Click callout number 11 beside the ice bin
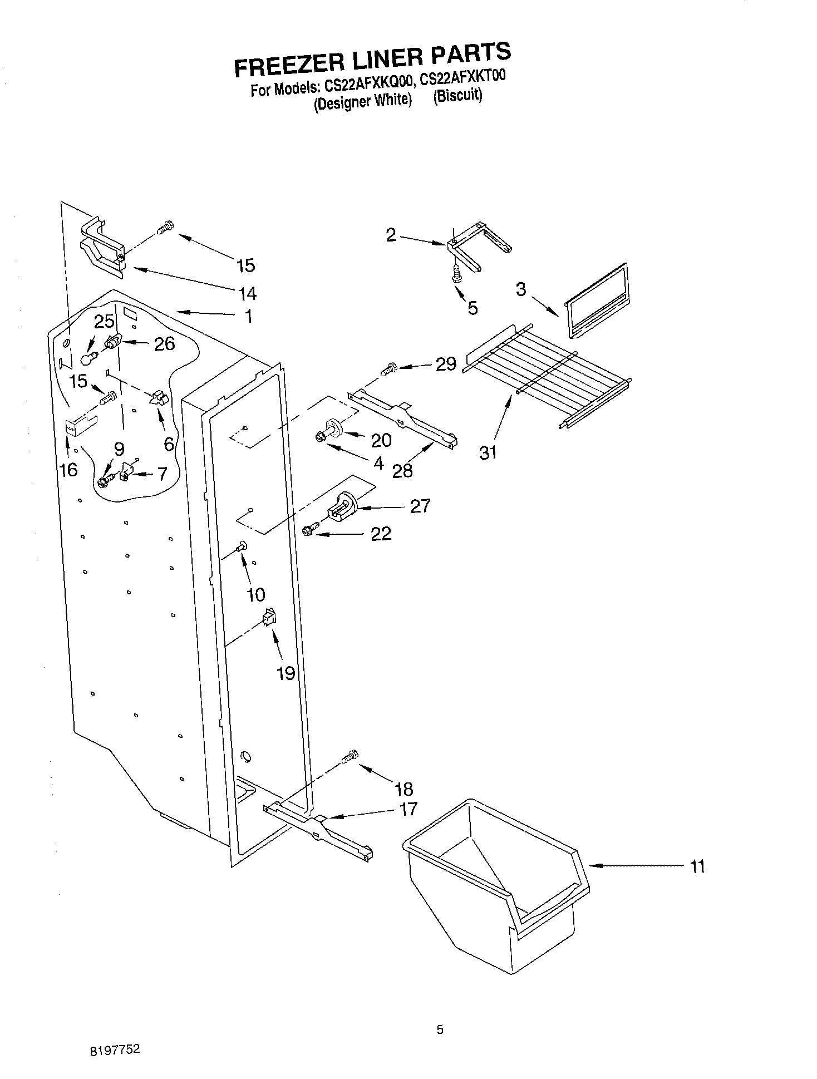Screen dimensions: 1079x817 click(x=697, y=866)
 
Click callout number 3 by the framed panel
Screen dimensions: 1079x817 click(x=520, y=289)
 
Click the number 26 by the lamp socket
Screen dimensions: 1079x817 click(x=164, y=344)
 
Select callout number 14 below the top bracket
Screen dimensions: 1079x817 click(x=247, y=293)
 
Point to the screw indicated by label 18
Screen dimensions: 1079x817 click(x=349, y=757)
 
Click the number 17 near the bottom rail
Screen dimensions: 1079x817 click(x=408, y=809)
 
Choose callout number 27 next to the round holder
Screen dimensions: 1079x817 click(x=420, y=506)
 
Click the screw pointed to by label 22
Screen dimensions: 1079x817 click(x=310, y=530)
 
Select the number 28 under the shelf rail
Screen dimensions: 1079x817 click(x=402, y=471)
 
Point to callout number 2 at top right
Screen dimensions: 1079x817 click(x=391, y=235)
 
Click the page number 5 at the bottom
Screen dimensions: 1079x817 click(x=440, y=1030)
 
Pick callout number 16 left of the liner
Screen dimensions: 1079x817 click(x=68, y=470)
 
